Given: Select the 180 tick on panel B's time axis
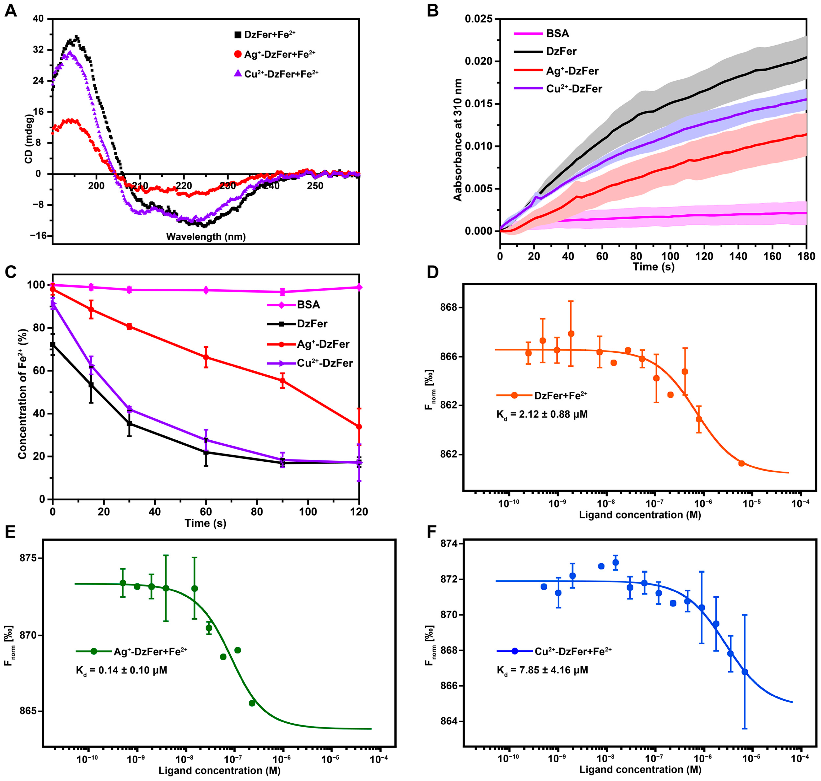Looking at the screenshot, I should (x=806, y=256).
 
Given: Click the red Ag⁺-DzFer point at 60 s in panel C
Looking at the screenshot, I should (x=206, y=357).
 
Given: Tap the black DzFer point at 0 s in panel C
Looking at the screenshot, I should (x=53, y=345).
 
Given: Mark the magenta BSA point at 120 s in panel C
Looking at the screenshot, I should (x=359, y=287).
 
